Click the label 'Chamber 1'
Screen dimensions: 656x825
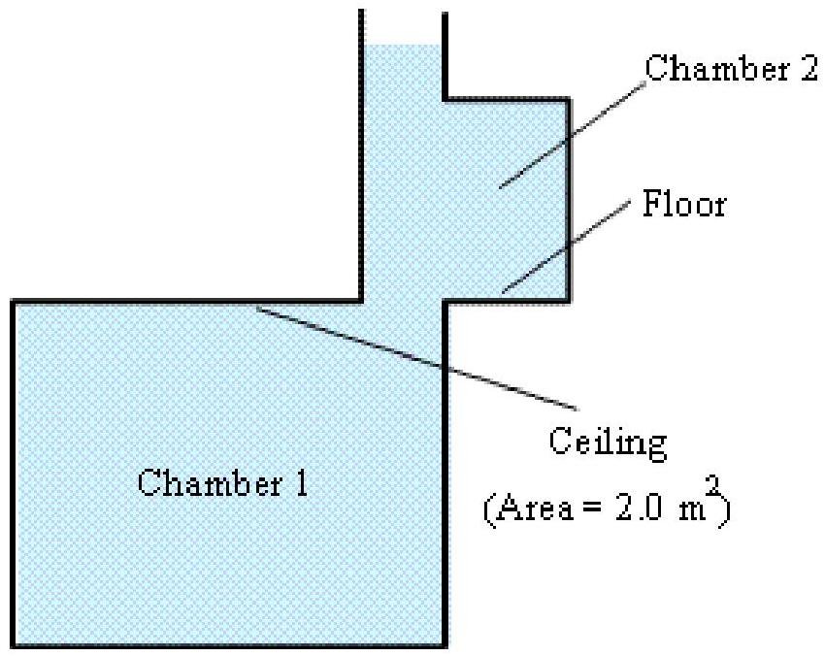click(223, 482)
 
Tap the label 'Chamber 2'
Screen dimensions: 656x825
click(732, 70)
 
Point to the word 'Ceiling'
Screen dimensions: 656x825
click(609, 444)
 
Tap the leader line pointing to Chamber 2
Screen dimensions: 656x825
click(573, 131)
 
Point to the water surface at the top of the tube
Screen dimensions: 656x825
click(403, 45)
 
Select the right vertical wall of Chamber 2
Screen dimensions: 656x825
click(568, 194)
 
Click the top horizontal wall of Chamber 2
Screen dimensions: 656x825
click(505, 99)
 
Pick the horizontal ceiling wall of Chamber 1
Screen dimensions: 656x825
click(184, 302)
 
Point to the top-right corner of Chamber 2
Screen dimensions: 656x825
click(568, 99)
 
